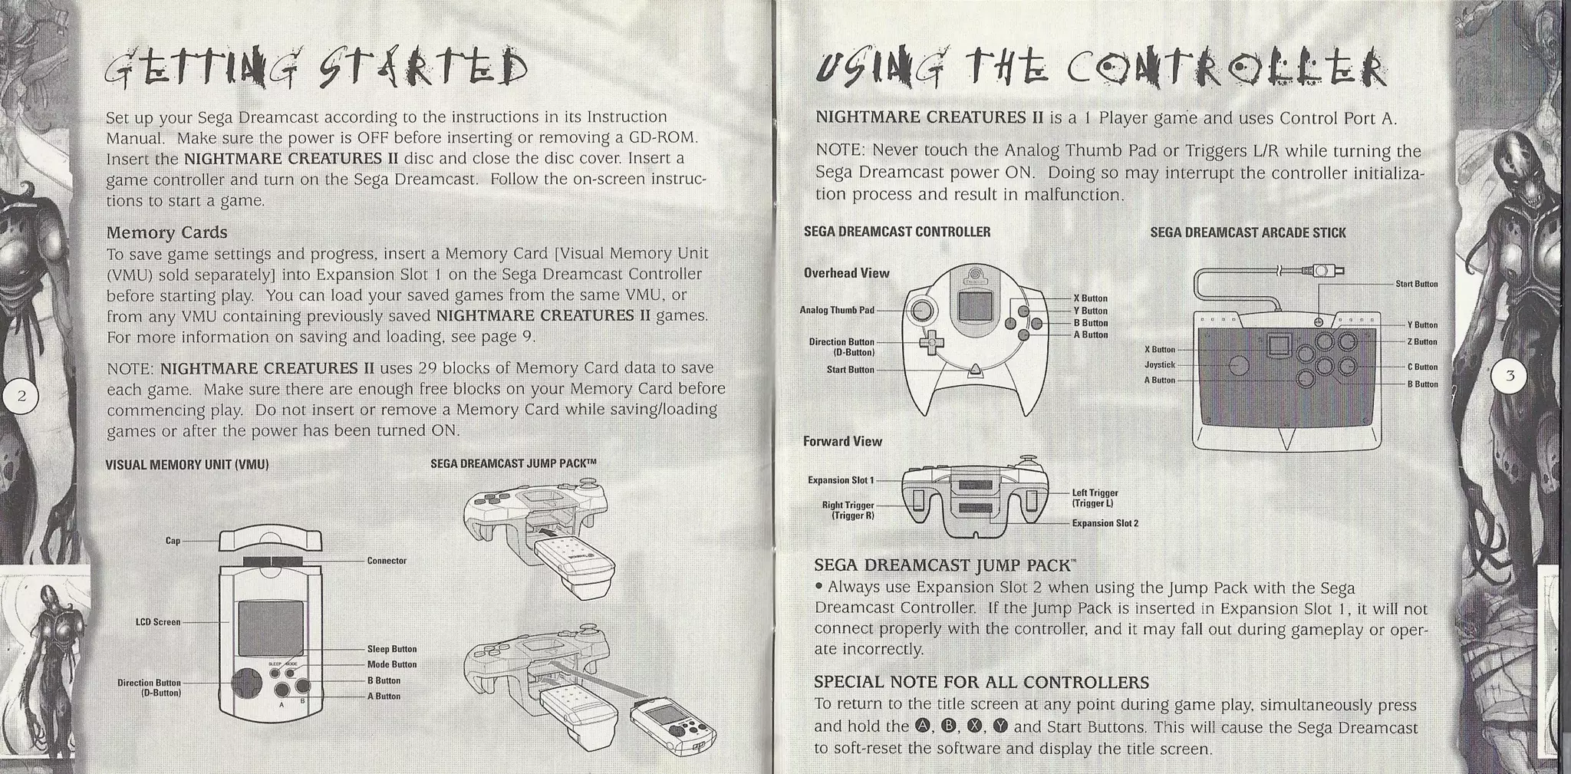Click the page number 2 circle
[x=21, y=396]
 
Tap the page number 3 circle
[x=1510, y=376]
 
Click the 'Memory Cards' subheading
[x=166, y=232]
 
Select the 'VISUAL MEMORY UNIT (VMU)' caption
[x=186, y=465]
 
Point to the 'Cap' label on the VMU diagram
[x=173, y=541]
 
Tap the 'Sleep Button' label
[x=391, y=649]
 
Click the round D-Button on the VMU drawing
[x=246, y=682]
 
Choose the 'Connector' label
[x=387, y=561]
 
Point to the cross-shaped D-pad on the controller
[x=931, y=343]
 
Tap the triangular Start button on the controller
[x=975, y=371]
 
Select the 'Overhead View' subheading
[x=846, y=273]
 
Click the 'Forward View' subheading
[x=842, y=441]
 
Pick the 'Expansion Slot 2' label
[x=1105, y=523]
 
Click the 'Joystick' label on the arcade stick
[x=1160, y=365]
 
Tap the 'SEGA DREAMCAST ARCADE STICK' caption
[x=1247, y=232]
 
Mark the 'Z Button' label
[x=1422, y=341]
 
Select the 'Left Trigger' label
[x=1095, y=493]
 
